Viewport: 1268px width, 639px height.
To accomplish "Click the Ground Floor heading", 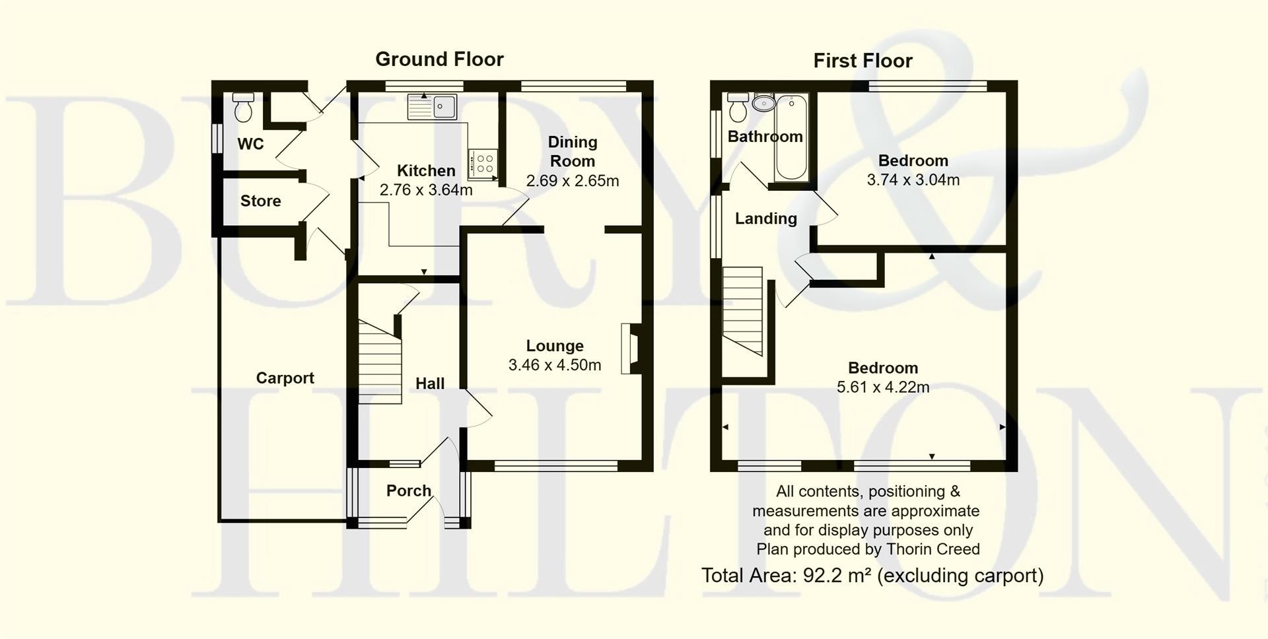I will click(439, 59).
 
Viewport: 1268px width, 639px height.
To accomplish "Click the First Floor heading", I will click(863, 61).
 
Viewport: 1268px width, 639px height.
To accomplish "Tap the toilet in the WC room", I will click(243, 108).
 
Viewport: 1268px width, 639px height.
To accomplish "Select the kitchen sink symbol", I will click(433, 107).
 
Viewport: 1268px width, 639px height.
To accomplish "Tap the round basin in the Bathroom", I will click(763, 104).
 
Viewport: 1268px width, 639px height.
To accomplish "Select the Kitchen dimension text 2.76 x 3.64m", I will click(426, 190).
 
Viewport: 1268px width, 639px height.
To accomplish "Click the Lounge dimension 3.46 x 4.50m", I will click(555, 365).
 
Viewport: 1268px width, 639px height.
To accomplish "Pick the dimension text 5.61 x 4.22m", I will click(883, 387).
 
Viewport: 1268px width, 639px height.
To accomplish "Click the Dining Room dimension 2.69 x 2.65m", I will click(573, 181).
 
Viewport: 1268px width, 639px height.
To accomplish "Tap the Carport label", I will click(285, 378).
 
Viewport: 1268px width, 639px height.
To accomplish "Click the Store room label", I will click(260, 201).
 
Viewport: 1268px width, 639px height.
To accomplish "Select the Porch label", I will click(409, 490).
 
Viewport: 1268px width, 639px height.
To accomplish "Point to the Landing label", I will click(766, 219).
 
